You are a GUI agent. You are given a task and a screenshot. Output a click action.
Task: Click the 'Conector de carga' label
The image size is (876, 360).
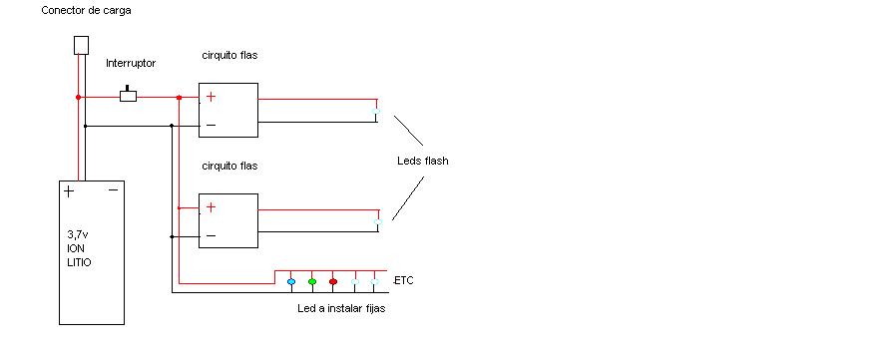[86, 11]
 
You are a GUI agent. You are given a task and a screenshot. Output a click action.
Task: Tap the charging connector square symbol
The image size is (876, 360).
[81, 45]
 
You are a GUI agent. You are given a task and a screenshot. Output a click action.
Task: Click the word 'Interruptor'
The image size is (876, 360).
[131, 64]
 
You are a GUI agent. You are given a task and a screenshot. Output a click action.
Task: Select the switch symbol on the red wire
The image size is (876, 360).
[129, 95]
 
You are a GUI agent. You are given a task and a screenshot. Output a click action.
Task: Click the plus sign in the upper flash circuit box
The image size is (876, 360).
[211, 97]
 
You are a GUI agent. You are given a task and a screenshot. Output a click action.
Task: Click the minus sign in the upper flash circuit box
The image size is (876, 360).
[211, 126]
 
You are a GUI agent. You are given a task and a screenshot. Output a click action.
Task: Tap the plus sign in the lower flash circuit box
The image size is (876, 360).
[211, 207]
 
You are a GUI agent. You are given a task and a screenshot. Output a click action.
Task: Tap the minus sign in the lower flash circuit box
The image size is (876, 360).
[211, 236]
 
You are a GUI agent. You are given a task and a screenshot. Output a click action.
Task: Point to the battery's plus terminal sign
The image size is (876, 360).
[68, 192]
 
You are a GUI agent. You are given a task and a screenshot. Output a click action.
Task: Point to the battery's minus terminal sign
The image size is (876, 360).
[113, 190]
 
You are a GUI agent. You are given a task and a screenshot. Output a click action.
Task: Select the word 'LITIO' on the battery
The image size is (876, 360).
[79, 262]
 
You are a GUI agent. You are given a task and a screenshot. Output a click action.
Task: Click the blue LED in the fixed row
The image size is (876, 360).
[291, 282]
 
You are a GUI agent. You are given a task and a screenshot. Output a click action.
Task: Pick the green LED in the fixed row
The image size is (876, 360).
[312, 282]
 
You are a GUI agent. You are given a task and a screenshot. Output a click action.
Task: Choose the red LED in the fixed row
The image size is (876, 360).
[333, 282]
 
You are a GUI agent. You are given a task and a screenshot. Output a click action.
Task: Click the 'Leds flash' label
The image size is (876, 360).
[422, 162]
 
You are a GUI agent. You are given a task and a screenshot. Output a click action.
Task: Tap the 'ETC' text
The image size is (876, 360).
[404, 281]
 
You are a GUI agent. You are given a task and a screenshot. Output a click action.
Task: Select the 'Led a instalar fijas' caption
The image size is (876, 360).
[341, 308]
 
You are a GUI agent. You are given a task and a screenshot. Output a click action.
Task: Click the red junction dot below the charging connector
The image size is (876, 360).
[78, 97]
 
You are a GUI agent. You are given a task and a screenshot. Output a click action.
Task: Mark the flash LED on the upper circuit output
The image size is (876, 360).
[376, 112]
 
